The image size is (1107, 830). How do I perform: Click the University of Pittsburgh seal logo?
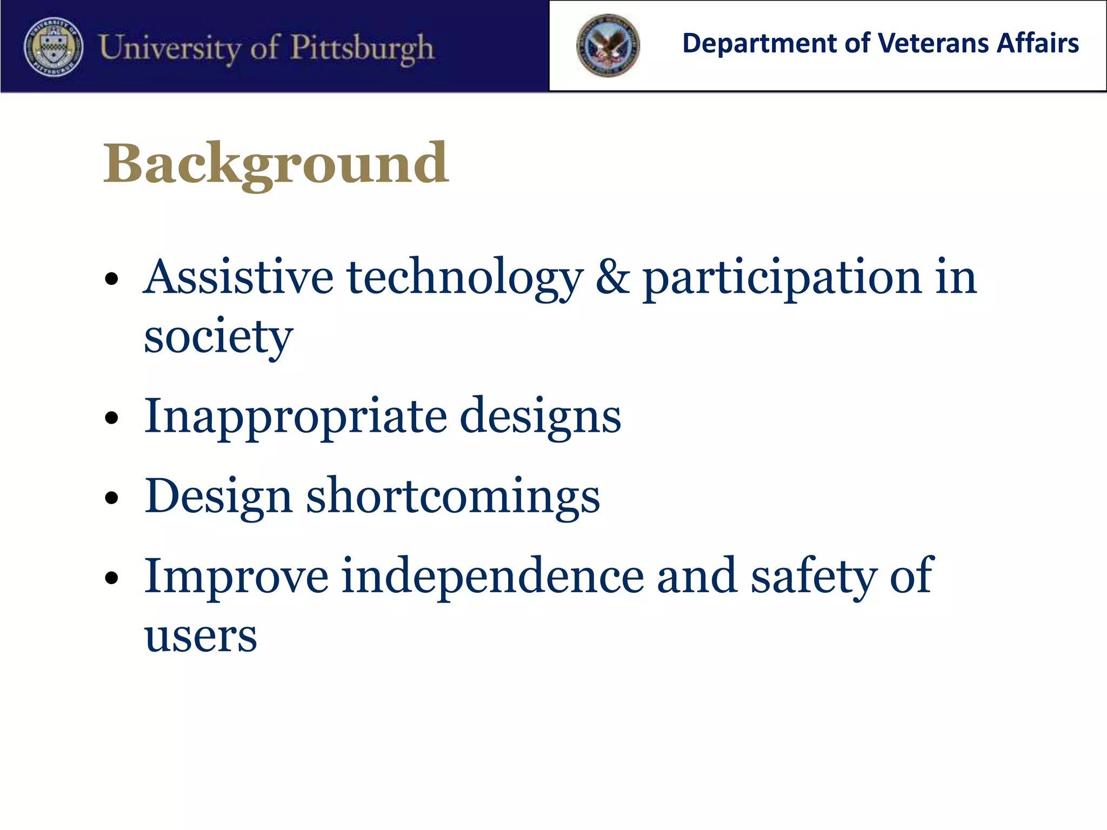[54, 46]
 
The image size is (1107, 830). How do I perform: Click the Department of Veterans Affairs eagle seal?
[608, 45]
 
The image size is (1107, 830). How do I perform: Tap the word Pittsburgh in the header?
[362, 48]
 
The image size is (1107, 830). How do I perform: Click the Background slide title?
[276, 163]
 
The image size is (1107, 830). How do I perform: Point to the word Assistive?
[238, 277]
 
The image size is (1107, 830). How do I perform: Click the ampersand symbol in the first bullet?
[612, 277]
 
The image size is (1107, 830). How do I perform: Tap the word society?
[218, 336]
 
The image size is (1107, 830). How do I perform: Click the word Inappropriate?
[295, 416]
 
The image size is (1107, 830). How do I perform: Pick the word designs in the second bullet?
[540, 416]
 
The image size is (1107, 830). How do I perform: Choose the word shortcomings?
[453, 496]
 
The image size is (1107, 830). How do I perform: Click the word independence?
[492, 576]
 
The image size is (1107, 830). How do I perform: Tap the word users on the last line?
[201, 635]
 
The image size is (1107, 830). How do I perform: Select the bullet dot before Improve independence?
[111, 577]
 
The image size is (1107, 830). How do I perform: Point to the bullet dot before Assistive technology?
[111, 279]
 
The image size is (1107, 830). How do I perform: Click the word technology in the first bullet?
[465, 277]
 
